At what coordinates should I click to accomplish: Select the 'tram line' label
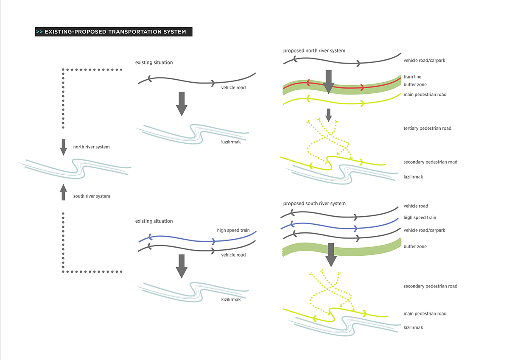point(412,77)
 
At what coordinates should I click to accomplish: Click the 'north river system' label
point(91,147)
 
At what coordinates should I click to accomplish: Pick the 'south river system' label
point(91,196)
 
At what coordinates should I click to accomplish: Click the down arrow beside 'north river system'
point(64,146)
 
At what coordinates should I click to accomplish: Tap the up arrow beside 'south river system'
point(64,192)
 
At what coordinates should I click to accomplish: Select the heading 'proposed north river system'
point(314,50)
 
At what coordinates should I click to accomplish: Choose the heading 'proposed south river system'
point(314,204)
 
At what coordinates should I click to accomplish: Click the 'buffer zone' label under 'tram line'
point(415,85)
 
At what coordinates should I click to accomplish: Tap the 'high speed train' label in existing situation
point(233,231)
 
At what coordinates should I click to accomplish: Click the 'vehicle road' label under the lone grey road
point(233,88)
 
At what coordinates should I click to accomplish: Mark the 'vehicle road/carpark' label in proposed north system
point(424,61)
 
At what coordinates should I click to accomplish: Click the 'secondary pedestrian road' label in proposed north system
point(430,162)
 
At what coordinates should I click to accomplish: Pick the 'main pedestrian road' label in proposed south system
point(425,314)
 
